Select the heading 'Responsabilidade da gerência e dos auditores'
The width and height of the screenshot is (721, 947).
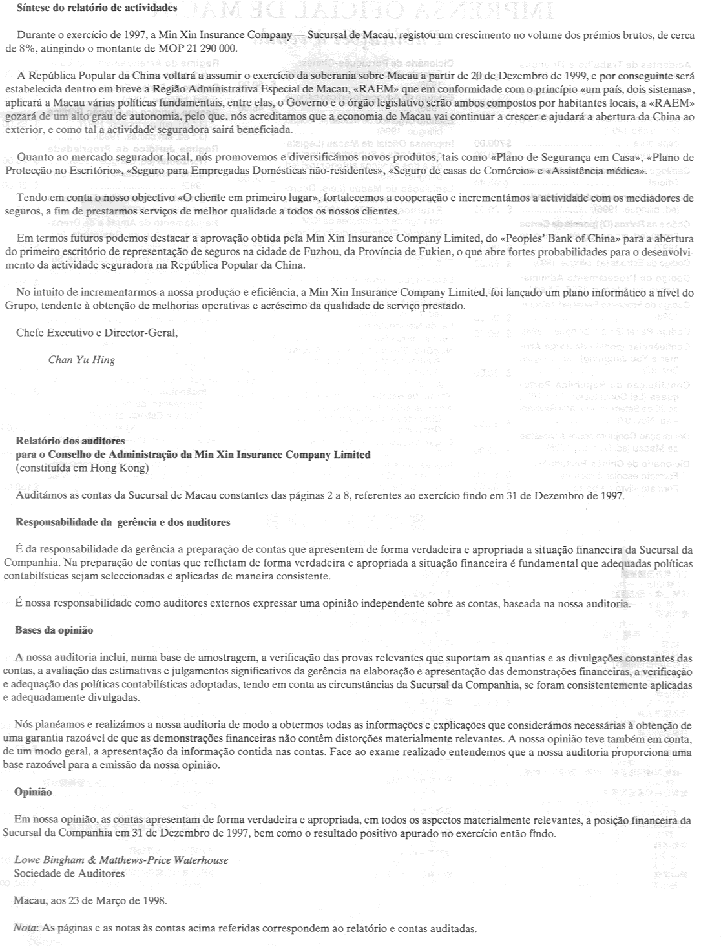pos(122,521)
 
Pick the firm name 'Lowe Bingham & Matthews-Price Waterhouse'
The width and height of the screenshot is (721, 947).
pos(121,860)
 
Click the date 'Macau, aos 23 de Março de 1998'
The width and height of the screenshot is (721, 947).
pos(90,899)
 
